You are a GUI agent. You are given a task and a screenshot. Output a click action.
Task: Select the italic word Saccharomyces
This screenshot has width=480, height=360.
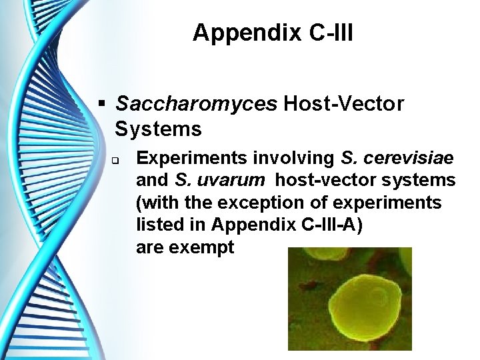tap(197, 104)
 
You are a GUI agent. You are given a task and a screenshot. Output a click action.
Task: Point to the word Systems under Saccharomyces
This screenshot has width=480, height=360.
tap(159, 128)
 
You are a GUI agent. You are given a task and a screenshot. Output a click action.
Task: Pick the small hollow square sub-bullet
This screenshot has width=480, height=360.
tap(115, 161)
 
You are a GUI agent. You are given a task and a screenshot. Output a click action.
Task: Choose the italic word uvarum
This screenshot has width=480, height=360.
tap(231, 181)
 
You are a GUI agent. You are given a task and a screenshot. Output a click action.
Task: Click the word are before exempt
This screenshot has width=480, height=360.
tap(150, 247)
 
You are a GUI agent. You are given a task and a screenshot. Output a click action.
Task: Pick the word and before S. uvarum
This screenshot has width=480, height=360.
tap(153, 181)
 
